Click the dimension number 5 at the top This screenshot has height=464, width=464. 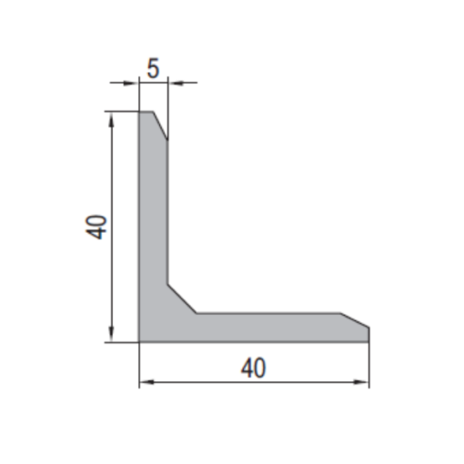coord(153,68)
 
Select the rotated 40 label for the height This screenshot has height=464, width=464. coord(96,227)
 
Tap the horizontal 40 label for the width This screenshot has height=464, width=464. coord(254,368)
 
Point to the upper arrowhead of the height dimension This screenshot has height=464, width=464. coord(112,120)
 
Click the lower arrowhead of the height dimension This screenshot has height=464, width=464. coord(111,334)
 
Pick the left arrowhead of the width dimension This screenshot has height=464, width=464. coord(146,382)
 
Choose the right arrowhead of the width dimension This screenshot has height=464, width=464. coord(361,382)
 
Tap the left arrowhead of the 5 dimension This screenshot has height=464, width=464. coord(131,82)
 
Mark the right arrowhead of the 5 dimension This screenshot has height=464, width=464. coord(176,82)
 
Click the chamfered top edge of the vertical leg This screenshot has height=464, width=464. coord(160,126)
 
